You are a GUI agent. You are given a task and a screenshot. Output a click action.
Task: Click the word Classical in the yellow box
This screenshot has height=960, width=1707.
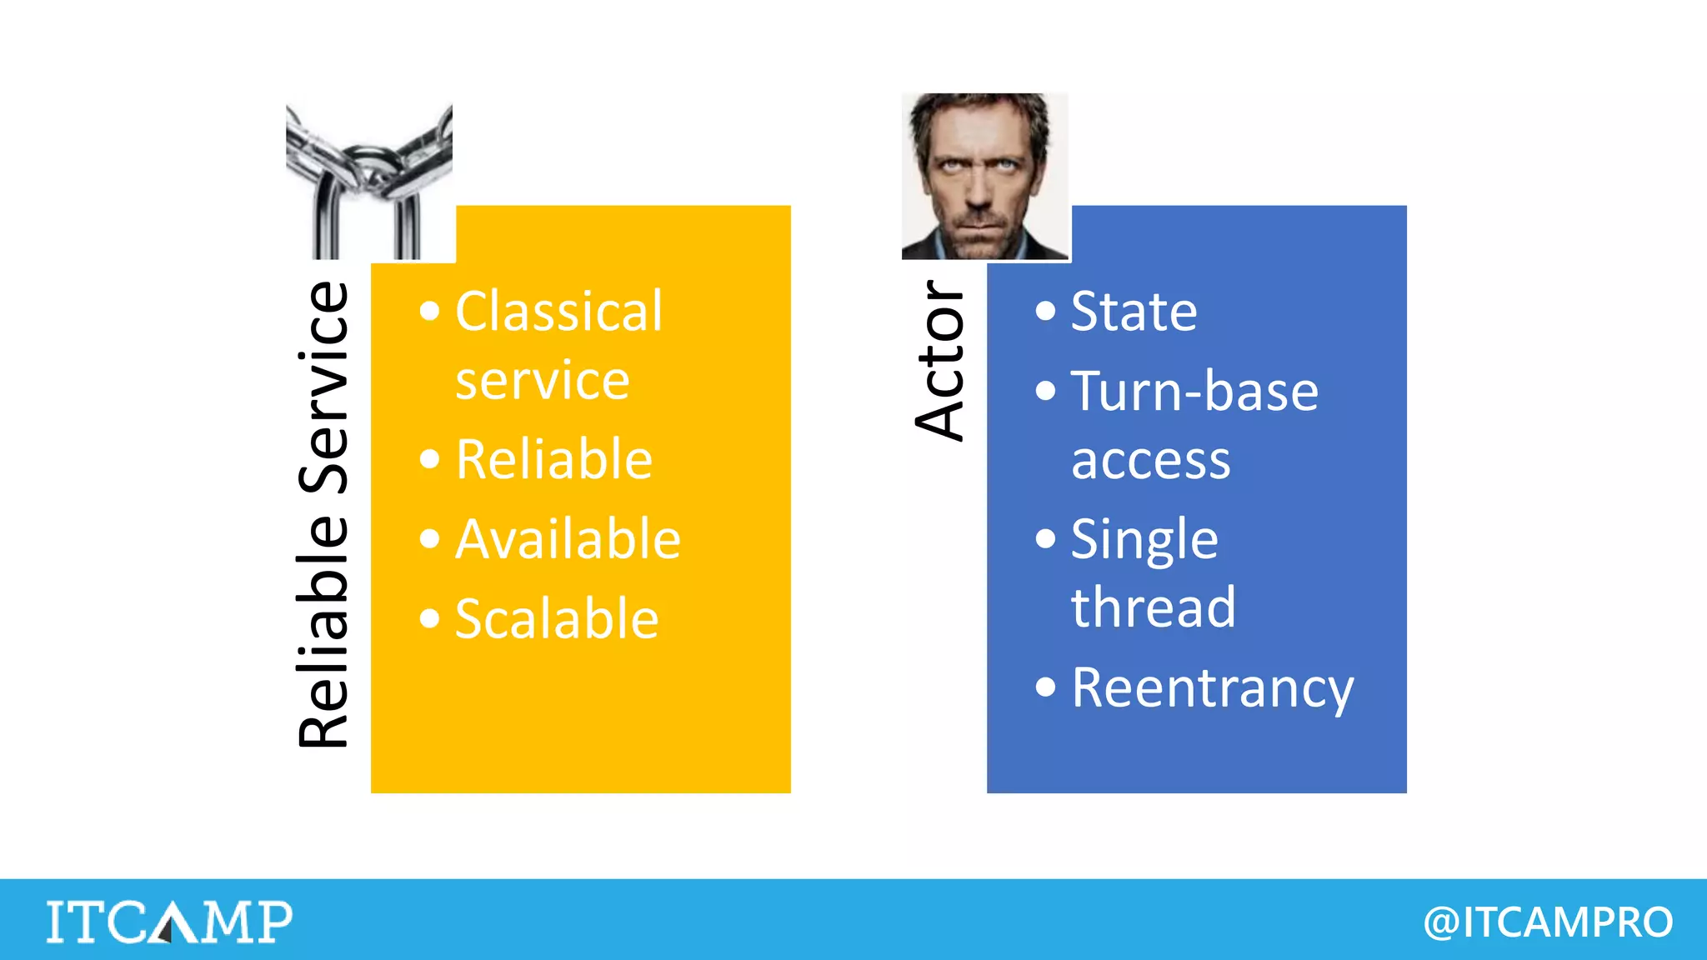[558, 312]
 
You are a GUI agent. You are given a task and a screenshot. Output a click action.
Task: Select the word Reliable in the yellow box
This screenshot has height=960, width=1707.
[553, 459]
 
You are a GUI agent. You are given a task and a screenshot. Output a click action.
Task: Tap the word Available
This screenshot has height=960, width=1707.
[568, 539]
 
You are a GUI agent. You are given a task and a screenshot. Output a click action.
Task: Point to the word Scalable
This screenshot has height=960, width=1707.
[557, 619]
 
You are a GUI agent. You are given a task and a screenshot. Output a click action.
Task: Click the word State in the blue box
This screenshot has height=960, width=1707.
[1134, 312]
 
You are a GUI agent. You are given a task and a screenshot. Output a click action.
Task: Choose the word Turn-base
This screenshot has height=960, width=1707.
[1194, 391]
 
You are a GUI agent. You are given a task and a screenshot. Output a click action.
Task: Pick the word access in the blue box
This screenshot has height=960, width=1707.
[1150, 461]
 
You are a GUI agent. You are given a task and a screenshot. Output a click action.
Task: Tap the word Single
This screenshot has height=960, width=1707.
[1144, 540]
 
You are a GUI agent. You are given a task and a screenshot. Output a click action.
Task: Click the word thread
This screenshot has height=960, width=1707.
[1153, 607]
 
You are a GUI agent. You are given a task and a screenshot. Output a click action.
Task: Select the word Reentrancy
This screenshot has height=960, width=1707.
[1212, 689]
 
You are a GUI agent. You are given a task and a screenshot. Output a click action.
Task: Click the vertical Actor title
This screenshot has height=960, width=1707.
[940, 360]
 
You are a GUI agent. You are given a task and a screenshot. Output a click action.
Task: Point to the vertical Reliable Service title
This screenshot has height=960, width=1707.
[323, 515]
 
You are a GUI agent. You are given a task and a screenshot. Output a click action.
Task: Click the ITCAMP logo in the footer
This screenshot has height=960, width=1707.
[169, 921]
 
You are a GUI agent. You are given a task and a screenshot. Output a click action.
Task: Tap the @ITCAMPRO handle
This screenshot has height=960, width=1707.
[1548, 922]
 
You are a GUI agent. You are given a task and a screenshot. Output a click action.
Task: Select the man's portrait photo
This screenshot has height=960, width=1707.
[984, 176]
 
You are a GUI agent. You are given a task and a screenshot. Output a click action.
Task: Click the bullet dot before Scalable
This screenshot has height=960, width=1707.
[429, 618]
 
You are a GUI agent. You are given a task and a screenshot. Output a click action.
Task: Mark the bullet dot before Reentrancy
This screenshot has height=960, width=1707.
[1045, 687]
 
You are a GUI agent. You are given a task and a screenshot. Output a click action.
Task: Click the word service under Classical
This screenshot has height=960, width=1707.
[542, 381]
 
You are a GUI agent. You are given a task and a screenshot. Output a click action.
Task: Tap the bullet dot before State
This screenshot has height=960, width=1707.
[1045, 312]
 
